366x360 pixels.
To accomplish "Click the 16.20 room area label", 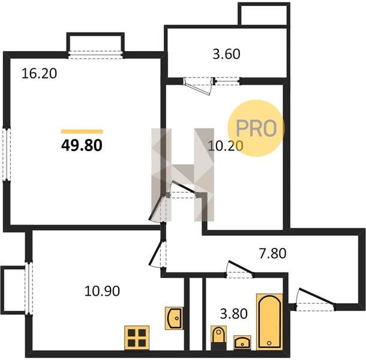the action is tap(39, 74).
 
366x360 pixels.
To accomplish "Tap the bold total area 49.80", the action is tap(82, 145).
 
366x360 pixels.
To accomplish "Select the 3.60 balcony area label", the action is tap(226, 54).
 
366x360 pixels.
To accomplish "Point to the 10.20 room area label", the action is tap(225, 146).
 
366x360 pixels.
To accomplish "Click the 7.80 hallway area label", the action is tap(272, 253).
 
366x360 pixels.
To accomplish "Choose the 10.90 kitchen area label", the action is tap(102, 291).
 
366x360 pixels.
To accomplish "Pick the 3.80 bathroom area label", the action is tap(234, 314).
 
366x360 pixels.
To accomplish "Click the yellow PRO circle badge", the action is tap(256, 128).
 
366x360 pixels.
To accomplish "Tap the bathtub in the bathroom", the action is tap(269, 322).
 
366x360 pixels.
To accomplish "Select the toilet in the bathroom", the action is tap(219, 338).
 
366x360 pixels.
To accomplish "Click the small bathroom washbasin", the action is tap(242, 343).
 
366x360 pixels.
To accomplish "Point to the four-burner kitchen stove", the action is tap(137, 338).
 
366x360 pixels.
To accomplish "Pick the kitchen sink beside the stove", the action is tap(174, 318).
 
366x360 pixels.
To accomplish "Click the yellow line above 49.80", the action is tap(82, 131).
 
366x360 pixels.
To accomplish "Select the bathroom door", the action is tap(240, 270).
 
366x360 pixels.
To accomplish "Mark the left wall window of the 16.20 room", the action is tap(7, 154).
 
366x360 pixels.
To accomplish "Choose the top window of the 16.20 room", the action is tap(96, 55).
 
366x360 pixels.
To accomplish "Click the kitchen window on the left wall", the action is tap(29, 288).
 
